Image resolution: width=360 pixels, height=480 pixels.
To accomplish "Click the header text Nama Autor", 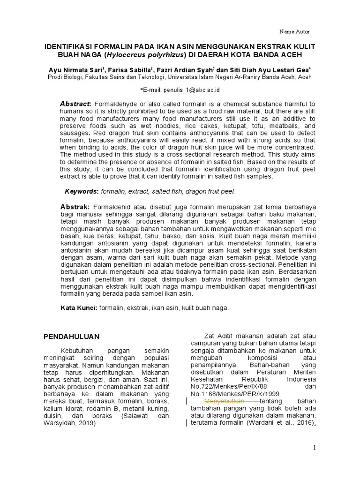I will [294, 31].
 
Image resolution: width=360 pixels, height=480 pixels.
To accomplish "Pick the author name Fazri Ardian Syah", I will [185, 70].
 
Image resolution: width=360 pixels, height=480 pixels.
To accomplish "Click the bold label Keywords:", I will [81, 192].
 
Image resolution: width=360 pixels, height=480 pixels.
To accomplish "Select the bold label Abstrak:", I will [75, 207].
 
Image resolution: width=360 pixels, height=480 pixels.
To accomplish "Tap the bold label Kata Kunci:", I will [79, 308].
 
